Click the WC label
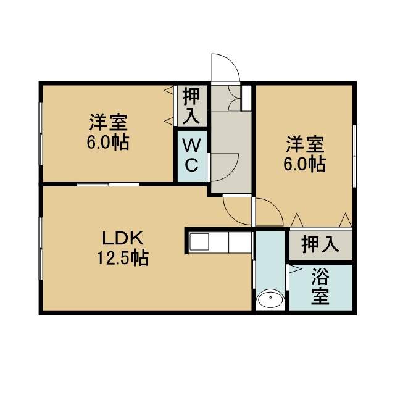pos(191,156)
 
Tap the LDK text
pos(123,238)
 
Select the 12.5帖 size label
pos(123,257)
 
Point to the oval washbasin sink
pos(270,299)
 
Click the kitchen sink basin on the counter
pos(199,242)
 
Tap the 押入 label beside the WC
pos(191,106)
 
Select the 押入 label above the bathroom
pos(320,244)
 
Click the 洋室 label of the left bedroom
pos(109,123)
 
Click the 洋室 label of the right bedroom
pos(305,144)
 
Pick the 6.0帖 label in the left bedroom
pos(108,142)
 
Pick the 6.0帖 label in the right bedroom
pos(305,164)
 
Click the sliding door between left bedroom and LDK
pos(108,184)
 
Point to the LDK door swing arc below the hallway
pos(230,215)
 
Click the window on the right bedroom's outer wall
pos(354,156)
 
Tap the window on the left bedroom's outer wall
pos(41,134)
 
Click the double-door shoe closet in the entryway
pos(235,98)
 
